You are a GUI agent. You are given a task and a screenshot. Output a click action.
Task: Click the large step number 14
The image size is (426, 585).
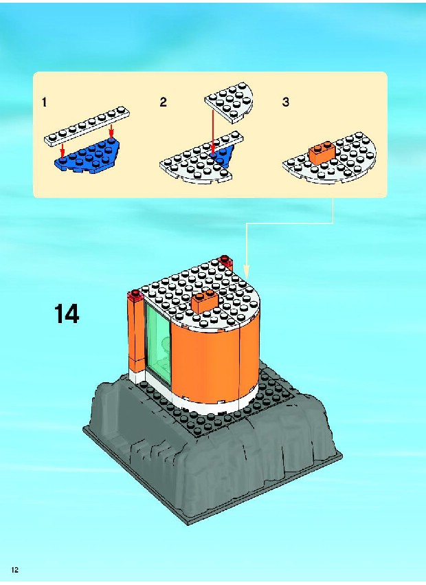pyautogui.click(x=67, y=314)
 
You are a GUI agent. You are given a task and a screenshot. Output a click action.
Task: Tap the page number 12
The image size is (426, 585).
pyautogui.click(x=15, y=570)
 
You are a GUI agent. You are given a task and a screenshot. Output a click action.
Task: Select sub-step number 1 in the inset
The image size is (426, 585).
pyautogui.click(x=45, y=102)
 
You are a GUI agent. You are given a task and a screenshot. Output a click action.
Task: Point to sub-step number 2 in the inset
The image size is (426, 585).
pyautogui.click(x=163, y=102)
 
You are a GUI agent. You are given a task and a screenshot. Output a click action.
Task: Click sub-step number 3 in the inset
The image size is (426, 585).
pyautogui.click(x=286, y=102)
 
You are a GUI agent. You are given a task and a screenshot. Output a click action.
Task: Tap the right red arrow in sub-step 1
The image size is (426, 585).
pyautogui.click(x=111, y=131)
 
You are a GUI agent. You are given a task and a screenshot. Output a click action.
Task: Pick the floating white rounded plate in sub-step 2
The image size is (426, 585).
pyautogui.click(x=229, y=102)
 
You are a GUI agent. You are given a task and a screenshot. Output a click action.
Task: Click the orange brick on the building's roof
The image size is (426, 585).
pyautogui.click(x=205, y=300)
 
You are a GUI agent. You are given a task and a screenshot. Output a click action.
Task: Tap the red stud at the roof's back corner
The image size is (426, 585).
pyautogui.click(x=225, y=260)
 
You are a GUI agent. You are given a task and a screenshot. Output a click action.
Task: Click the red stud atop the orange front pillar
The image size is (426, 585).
pyautogui.click(x=135, y=294)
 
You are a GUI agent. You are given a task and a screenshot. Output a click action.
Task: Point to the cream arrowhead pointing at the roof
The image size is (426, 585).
pyautogui.click(x=246, y=272)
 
